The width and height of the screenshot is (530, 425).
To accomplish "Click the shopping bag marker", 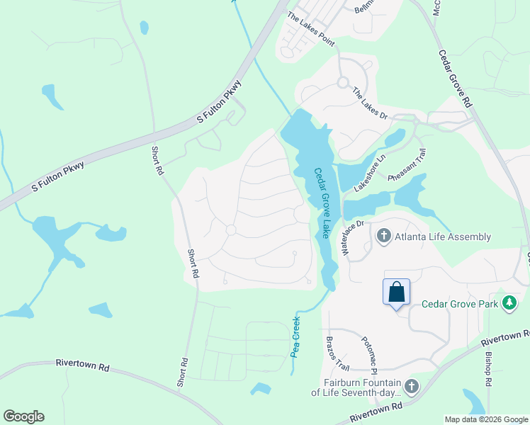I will click(x=396, y=291).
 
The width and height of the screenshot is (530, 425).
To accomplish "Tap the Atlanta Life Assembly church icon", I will click(x=383, y=236).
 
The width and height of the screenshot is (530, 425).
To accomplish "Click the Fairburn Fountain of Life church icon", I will click(x=412, y=386).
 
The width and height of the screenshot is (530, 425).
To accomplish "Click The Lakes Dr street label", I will click(x=370, y=104).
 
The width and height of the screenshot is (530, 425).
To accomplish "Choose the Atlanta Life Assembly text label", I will click(x=443, y=237).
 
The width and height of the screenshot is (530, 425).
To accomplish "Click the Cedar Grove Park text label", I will click(x=460, y=304).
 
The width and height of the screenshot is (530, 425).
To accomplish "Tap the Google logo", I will click(x=23, y=416).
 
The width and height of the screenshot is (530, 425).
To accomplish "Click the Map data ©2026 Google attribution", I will click(x=485, y=419).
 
